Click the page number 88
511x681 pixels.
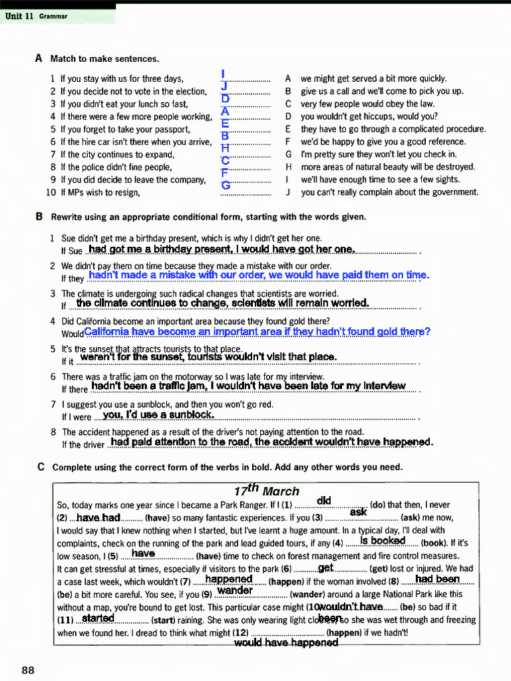tap(28, 670)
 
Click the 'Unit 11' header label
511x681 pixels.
tap(19, 16)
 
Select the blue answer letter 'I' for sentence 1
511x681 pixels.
tap(224, 74)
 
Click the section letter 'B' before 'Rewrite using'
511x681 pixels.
tap(39, 217)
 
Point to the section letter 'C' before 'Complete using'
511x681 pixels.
tap(41, 467)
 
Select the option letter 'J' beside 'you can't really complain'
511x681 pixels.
tap(289, 192)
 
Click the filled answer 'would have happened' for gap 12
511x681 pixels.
tap(286, 642)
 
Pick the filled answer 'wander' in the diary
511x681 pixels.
tap(235, 590)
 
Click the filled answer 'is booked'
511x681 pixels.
tap(383, 541)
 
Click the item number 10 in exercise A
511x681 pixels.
tap(51, 192)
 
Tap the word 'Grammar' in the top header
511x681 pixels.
tap(53, 16)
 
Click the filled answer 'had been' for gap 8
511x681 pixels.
tap(437, 579)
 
